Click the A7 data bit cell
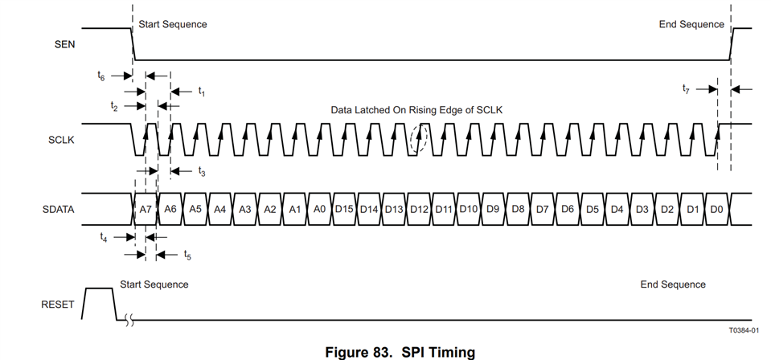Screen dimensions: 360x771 pyautogui.click(x=146, y=209)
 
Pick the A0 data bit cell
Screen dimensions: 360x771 pyautogui.click(x=319, y=209)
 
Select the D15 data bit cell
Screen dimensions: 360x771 pyautogui.click(x=344, y=209)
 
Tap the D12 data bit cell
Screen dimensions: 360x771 pyautogui.click(x=419, y=209)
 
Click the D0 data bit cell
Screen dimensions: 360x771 pyautogui.click(x=717, y=209)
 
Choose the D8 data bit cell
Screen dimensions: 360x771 pyautogui.click(x=519, y=209)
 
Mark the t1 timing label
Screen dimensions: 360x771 pyautogui.click(x=202, y=91)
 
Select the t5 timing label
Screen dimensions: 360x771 pyautogui.click(x=187, y=255)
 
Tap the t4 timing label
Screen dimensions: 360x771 pyautogui.click(x=103, y=236)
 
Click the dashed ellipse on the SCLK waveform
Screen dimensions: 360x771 pyautogui.click(x=417, y=140)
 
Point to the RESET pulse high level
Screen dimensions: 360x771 pyautogui.click(x=98, y=288)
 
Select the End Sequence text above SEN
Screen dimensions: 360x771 pyautogui.click(x=691, y=24)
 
